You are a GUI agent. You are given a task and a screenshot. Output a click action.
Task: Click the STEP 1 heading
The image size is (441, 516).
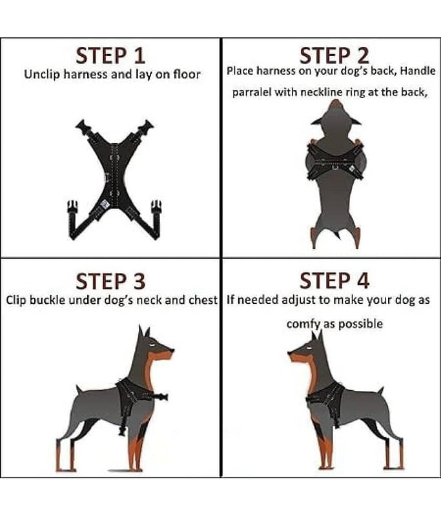pyautogui.click(x=110, y=55)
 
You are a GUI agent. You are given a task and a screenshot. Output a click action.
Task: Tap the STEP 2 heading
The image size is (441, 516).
pyautogui.click(x=334, y=55)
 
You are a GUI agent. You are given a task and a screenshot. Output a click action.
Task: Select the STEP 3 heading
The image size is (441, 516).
pyautogui.click(x=110, y=281)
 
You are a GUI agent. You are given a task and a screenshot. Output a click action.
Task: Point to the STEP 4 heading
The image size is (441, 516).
pyautogui.click(x=334, y=281)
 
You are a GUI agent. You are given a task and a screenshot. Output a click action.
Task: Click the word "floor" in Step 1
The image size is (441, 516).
pyautogui.click(x=187, y=74)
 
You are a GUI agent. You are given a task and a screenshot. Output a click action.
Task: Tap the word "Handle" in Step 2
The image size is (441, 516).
pyautogui.click(x=418, y=71)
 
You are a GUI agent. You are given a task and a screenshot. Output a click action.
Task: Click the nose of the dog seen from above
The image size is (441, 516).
pyautogui.click(x=335, y=103)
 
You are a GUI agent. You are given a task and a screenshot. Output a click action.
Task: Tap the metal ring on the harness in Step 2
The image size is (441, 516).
pyautogui.click(x=335, y=168)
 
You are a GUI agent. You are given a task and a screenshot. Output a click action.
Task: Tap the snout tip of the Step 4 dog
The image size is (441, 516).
pyautogui.click(x=289, y=354)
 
